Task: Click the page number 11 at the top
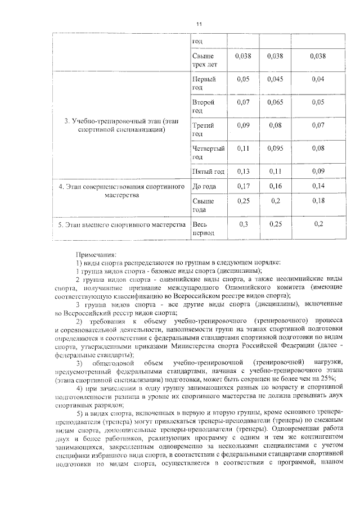pos(199,24)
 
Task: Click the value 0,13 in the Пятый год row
pos(243,171)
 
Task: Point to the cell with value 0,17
pos(243,186)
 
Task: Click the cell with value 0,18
pos(318,201)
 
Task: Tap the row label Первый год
pos(204,84)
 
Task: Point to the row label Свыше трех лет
pos(204,60)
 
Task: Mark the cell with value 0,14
pos(318,186)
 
